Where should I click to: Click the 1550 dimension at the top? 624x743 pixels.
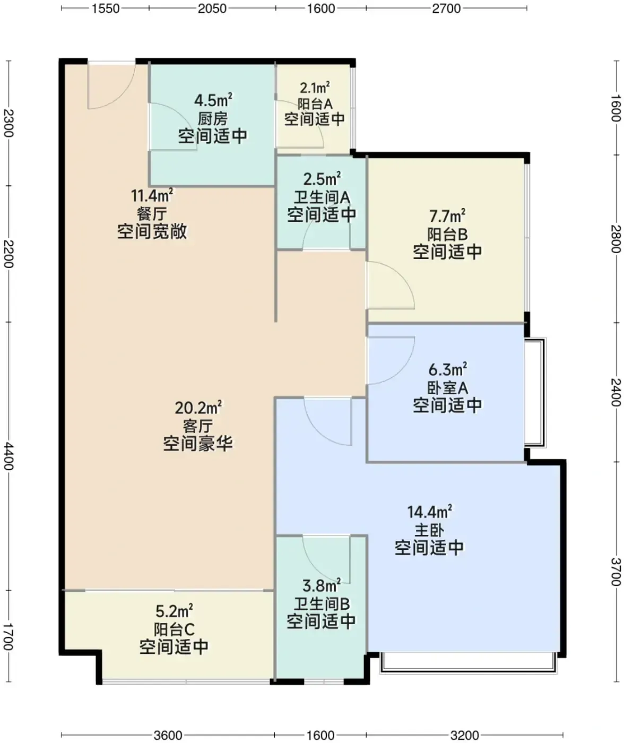106,8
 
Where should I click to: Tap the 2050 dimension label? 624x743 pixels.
212,8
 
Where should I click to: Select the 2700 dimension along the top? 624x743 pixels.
446,8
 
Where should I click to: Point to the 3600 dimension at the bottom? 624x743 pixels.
168,735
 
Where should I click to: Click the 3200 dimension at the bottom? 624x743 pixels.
465,735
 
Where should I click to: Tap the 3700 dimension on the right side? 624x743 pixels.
616,572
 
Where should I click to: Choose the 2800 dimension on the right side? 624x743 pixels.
616,238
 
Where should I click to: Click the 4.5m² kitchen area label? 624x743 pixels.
213,100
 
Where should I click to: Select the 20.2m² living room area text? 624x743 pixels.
198,408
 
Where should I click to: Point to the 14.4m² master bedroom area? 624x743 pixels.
429,512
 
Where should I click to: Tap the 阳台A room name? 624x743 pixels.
315,104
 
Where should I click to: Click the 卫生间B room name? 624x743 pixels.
322,604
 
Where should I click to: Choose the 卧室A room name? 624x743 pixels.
447,387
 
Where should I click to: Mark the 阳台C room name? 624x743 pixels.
174,629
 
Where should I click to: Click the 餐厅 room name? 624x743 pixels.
152,214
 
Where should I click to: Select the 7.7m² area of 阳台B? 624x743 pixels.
447,215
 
